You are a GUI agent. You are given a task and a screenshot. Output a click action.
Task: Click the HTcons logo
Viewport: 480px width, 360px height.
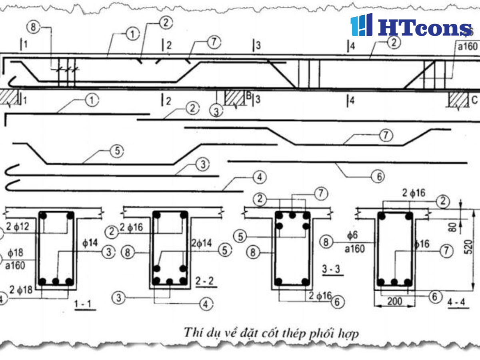point(411,26)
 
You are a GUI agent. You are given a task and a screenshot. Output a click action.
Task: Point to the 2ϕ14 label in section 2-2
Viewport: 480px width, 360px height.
point(202,243)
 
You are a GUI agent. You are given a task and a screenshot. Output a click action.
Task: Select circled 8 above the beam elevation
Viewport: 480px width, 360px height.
point(33,27)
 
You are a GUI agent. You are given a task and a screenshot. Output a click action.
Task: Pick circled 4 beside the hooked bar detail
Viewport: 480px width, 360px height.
point(259,176)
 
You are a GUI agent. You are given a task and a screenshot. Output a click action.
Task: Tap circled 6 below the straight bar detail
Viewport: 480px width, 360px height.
point(378,176)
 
